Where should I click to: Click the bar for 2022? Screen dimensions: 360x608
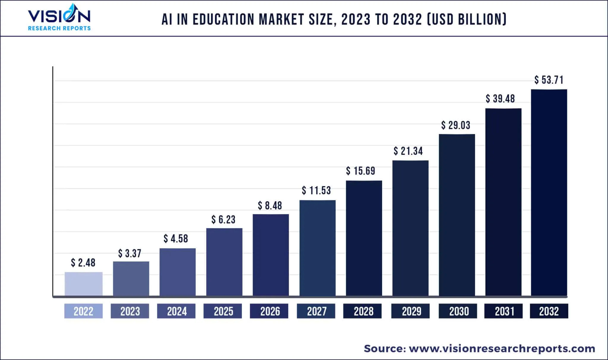coord(83,284)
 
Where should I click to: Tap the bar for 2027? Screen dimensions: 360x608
coord(317,248)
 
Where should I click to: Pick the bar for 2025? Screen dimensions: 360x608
coord(224,262)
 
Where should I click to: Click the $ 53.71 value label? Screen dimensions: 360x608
coord(549,80)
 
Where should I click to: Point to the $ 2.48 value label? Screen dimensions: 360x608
coord(83,263)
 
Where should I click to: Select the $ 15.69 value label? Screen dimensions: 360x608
coord(361,171)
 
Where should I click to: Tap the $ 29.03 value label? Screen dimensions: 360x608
coord(456,125)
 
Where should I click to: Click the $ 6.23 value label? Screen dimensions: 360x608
coord(223,220)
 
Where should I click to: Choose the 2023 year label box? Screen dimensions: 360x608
coord(130,311)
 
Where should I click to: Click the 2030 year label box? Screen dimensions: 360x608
coord(458,311)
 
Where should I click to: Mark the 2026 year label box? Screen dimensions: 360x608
coord(269,311)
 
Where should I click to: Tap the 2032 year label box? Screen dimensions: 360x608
coord(549,311)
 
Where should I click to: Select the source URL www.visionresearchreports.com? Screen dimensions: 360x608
coord(502,348)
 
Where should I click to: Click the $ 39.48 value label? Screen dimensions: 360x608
coord(500,99)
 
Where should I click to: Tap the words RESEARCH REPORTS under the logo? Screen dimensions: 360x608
coord(59,28)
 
